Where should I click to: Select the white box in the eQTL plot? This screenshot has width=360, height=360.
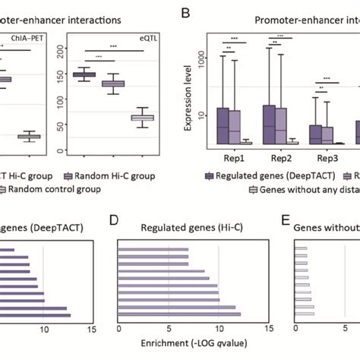coord(143,118)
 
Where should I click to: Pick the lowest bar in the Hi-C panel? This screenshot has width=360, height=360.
coord(180,314)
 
